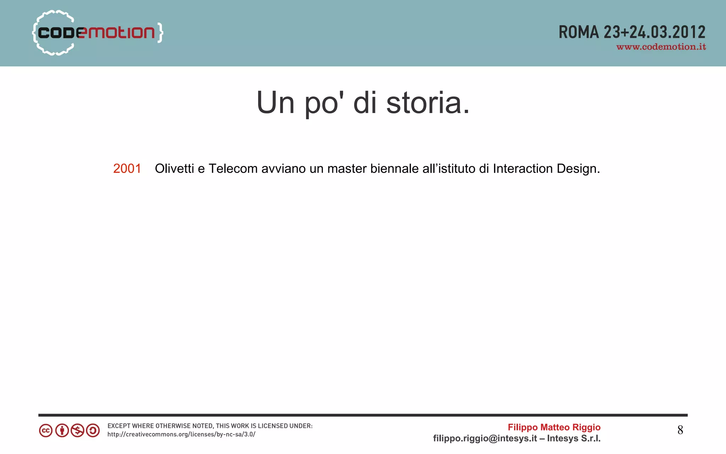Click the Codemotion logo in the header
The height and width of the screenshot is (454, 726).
(x=97, y=33)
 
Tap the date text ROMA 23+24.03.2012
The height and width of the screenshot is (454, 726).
(x=632, y=32)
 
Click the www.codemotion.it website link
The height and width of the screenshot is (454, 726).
(x=661, y=47)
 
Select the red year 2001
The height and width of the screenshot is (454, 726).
(x=127, y=169)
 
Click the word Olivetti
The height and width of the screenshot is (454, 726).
(x=174, y=169)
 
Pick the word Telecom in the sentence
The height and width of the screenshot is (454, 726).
(x=233, y=169)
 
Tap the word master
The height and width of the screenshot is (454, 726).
(x=347, y=169)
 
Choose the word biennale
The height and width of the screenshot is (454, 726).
(x=394, y=169)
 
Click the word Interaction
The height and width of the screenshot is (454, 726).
(x=523, y=169)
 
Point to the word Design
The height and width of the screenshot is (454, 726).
(x=578, y=169)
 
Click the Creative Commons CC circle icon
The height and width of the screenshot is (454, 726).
(x=46, y=431)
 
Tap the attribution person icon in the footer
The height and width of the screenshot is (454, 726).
(x=62, y=431)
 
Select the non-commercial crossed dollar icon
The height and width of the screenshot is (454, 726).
(x=77, y=431)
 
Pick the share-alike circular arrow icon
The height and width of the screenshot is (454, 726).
(x=93, y=431)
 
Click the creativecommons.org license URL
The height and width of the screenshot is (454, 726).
(x=181, y=435)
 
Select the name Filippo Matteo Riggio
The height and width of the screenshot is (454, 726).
(x=554, y=427)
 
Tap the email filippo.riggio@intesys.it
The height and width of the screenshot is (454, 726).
(x=485, y=439)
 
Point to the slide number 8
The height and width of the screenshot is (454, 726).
(x=680, y=430)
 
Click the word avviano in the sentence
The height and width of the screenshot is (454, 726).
(x=283, y=169)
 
